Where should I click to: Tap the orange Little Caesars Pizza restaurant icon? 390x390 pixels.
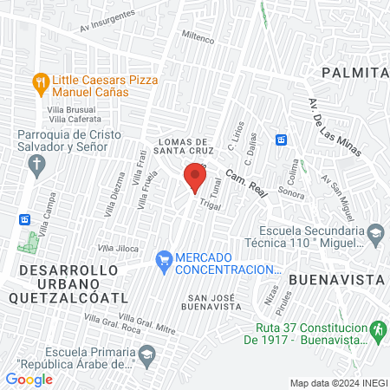[40, 84]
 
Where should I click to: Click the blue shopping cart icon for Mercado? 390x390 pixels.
[162, 259]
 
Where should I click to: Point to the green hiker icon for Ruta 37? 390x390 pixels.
[376, 330]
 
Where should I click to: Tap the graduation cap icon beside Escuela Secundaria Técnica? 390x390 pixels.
[374, 232]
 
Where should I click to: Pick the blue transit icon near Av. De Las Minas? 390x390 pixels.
[281, 140]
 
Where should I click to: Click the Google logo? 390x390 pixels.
[29, 379]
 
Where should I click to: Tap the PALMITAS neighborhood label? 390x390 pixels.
[355, 73]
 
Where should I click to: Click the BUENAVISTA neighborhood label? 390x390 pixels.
[335, 280]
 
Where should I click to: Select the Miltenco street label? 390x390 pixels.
[198, 39]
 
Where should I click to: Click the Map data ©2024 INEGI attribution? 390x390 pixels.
[338, 382]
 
